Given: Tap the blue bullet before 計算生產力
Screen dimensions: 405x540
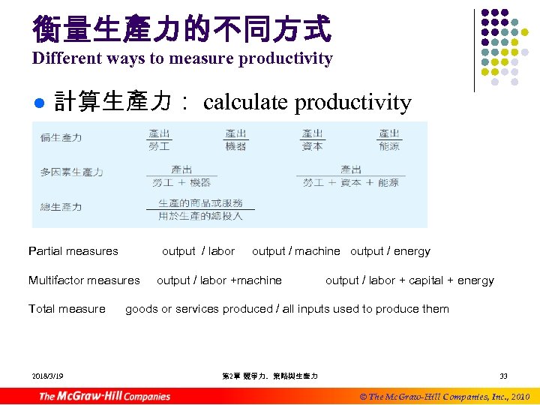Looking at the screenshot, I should [x=41, y=103].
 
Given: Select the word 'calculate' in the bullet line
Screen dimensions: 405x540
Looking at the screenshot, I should [x=245, y=102].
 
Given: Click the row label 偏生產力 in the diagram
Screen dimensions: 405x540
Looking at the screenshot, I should [x=61, y=138].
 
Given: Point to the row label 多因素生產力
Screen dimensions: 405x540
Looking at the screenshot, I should [x=71, y=172].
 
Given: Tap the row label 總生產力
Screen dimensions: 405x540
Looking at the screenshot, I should [x=61, y=207].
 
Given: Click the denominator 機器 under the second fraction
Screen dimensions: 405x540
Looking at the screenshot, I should [x=235, y=146].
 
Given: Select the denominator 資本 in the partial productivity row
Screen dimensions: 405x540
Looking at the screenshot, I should [x=313, y=146].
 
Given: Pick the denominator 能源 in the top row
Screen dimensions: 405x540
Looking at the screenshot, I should [x=389, y=146].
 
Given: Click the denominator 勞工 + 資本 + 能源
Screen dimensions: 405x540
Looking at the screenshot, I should [x=350, y=182].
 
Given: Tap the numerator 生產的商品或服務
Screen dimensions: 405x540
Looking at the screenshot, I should [x=200, y=203].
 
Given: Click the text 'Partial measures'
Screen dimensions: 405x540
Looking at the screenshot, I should [x=73, y=251].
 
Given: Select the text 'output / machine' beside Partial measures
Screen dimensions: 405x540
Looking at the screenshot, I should [x=296, y=251].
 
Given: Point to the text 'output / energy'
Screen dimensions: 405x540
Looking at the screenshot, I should [x=390, y=251].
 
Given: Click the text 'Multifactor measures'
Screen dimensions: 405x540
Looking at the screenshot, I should [x=84, y=280].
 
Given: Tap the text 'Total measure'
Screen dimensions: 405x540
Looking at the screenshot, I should [x=67, y=309].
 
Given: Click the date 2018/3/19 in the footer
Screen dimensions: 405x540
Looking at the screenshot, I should [x=48, y=376].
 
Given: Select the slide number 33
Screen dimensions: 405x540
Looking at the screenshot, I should [x=504, y=376].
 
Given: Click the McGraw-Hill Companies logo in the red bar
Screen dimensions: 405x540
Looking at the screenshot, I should [x=105, y=395].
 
